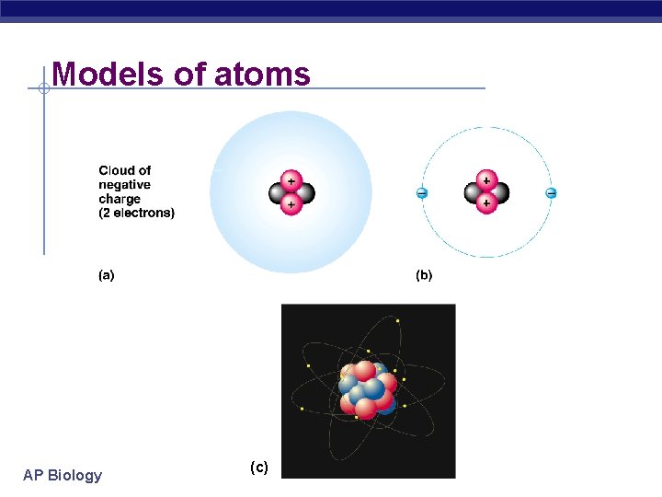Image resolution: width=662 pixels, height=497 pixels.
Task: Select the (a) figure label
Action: (107, 274)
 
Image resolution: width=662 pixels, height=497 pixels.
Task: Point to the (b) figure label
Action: (424, 274)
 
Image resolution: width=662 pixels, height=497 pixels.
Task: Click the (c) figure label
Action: (259, 468)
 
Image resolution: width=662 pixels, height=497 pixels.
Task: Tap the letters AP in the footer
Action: (33, 475)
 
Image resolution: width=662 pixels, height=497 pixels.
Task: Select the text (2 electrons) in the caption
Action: (136, 214)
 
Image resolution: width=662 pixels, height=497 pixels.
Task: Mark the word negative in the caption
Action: (125, 185)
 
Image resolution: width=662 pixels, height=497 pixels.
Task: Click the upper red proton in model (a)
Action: (291, 180)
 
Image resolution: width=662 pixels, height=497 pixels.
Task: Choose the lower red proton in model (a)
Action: (291, 204)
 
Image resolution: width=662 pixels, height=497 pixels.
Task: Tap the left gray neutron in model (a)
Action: (278, 193)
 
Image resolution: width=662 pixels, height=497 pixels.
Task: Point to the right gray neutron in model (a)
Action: (305, 193)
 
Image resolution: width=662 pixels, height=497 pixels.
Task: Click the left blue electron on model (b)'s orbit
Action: (421, 193)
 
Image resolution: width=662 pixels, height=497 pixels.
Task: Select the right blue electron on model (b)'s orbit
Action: (551, 193)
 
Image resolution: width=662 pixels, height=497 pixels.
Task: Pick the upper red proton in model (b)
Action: (485, 180)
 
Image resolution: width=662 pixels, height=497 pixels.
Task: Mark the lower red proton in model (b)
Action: (485, 204)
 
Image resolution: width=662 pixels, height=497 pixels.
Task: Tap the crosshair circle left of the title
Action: (43, 88)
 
